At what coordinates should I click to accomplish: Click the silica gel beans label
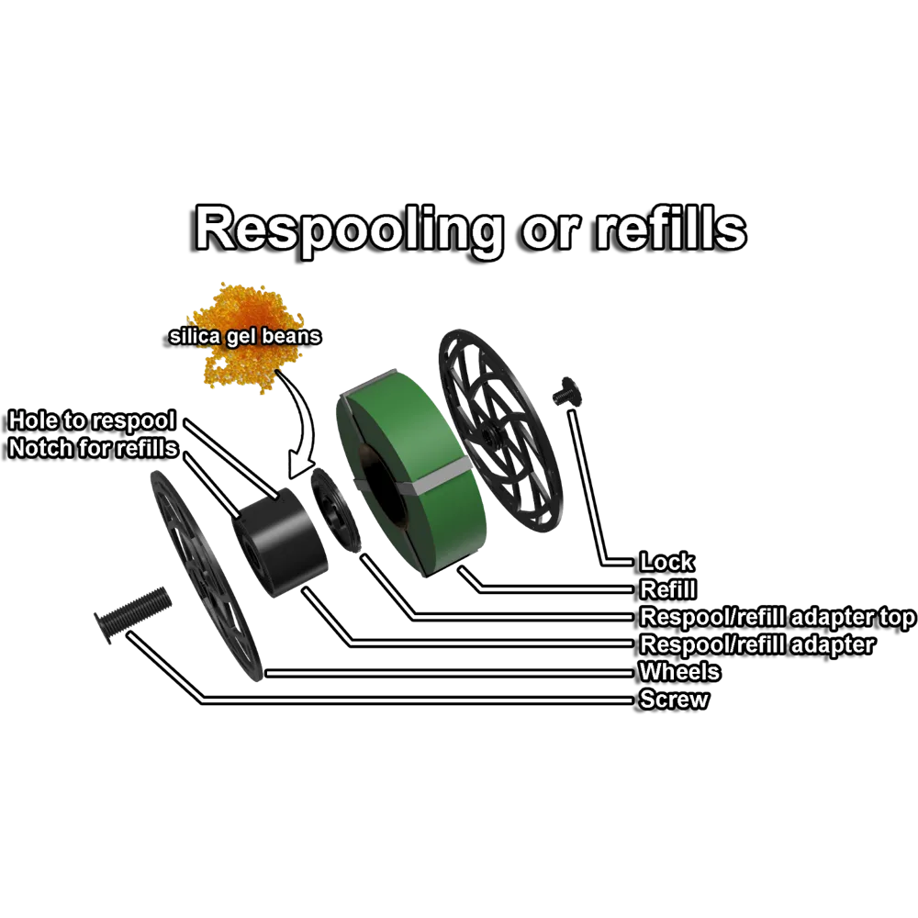(245, 336)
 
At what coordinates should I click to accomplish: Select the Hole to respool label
(92, 421)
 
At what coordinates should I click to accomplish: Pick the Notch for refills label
(93, 449)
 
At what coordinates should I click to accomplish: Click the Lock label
(666, 562)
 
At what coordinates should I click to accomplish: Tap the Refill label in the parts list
(667, 589)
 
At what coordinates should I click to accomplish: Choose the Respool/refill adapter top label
(777, 617)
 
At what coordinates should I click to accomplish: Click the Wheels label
(679, 672)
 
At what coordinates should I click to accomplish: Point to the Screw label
(675, 700)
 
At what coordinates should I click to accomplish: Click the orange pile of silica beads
(241, 367)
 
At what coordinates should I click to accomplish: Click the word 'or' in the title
(550, 229)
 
